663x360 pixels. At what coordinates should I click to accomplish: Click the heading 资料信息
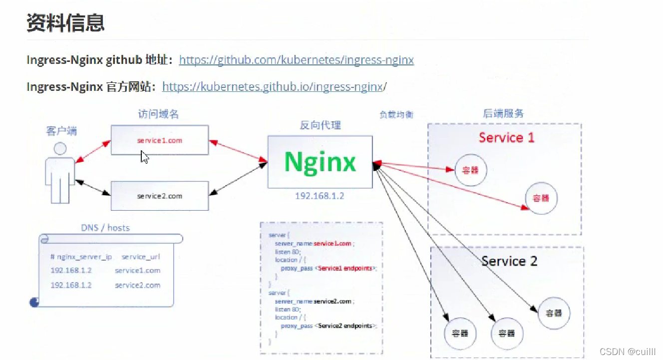65,23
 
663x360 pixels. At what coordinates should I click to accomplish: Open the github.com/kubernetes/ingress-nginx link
296,60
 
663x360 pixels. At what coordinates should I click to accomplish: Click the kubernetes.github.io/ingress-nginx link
272,87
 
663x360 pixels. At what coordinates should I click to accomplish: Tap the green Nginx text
320,162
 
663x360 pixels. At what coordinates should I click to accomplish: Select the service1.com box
159,140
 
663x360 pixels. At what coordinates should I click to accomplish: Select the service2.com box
159,196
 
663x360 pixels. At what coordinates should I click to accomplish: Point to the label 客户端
61,131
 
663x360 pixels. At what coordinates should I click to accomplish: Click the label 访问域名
158,114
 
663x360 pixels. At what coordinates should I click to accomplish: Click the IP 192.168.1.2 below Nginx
320,196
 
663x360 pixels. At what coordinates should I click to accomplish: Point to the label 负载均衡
396,115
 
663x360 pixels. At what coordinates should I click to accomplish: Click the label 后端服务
503,113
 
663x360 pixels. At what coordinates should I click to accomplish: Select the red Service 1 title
506,138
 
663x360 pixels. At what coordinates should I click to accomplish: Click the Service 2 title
509,261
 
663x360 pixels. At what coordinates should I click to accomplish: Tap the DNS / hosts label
105,228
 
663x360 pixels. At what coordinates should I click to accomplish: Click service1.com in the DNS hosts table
137,271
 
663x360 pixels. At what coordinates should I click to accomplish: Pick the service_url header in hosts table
141,257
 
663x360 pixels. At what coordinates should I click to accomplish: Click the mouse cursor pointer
144,157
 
